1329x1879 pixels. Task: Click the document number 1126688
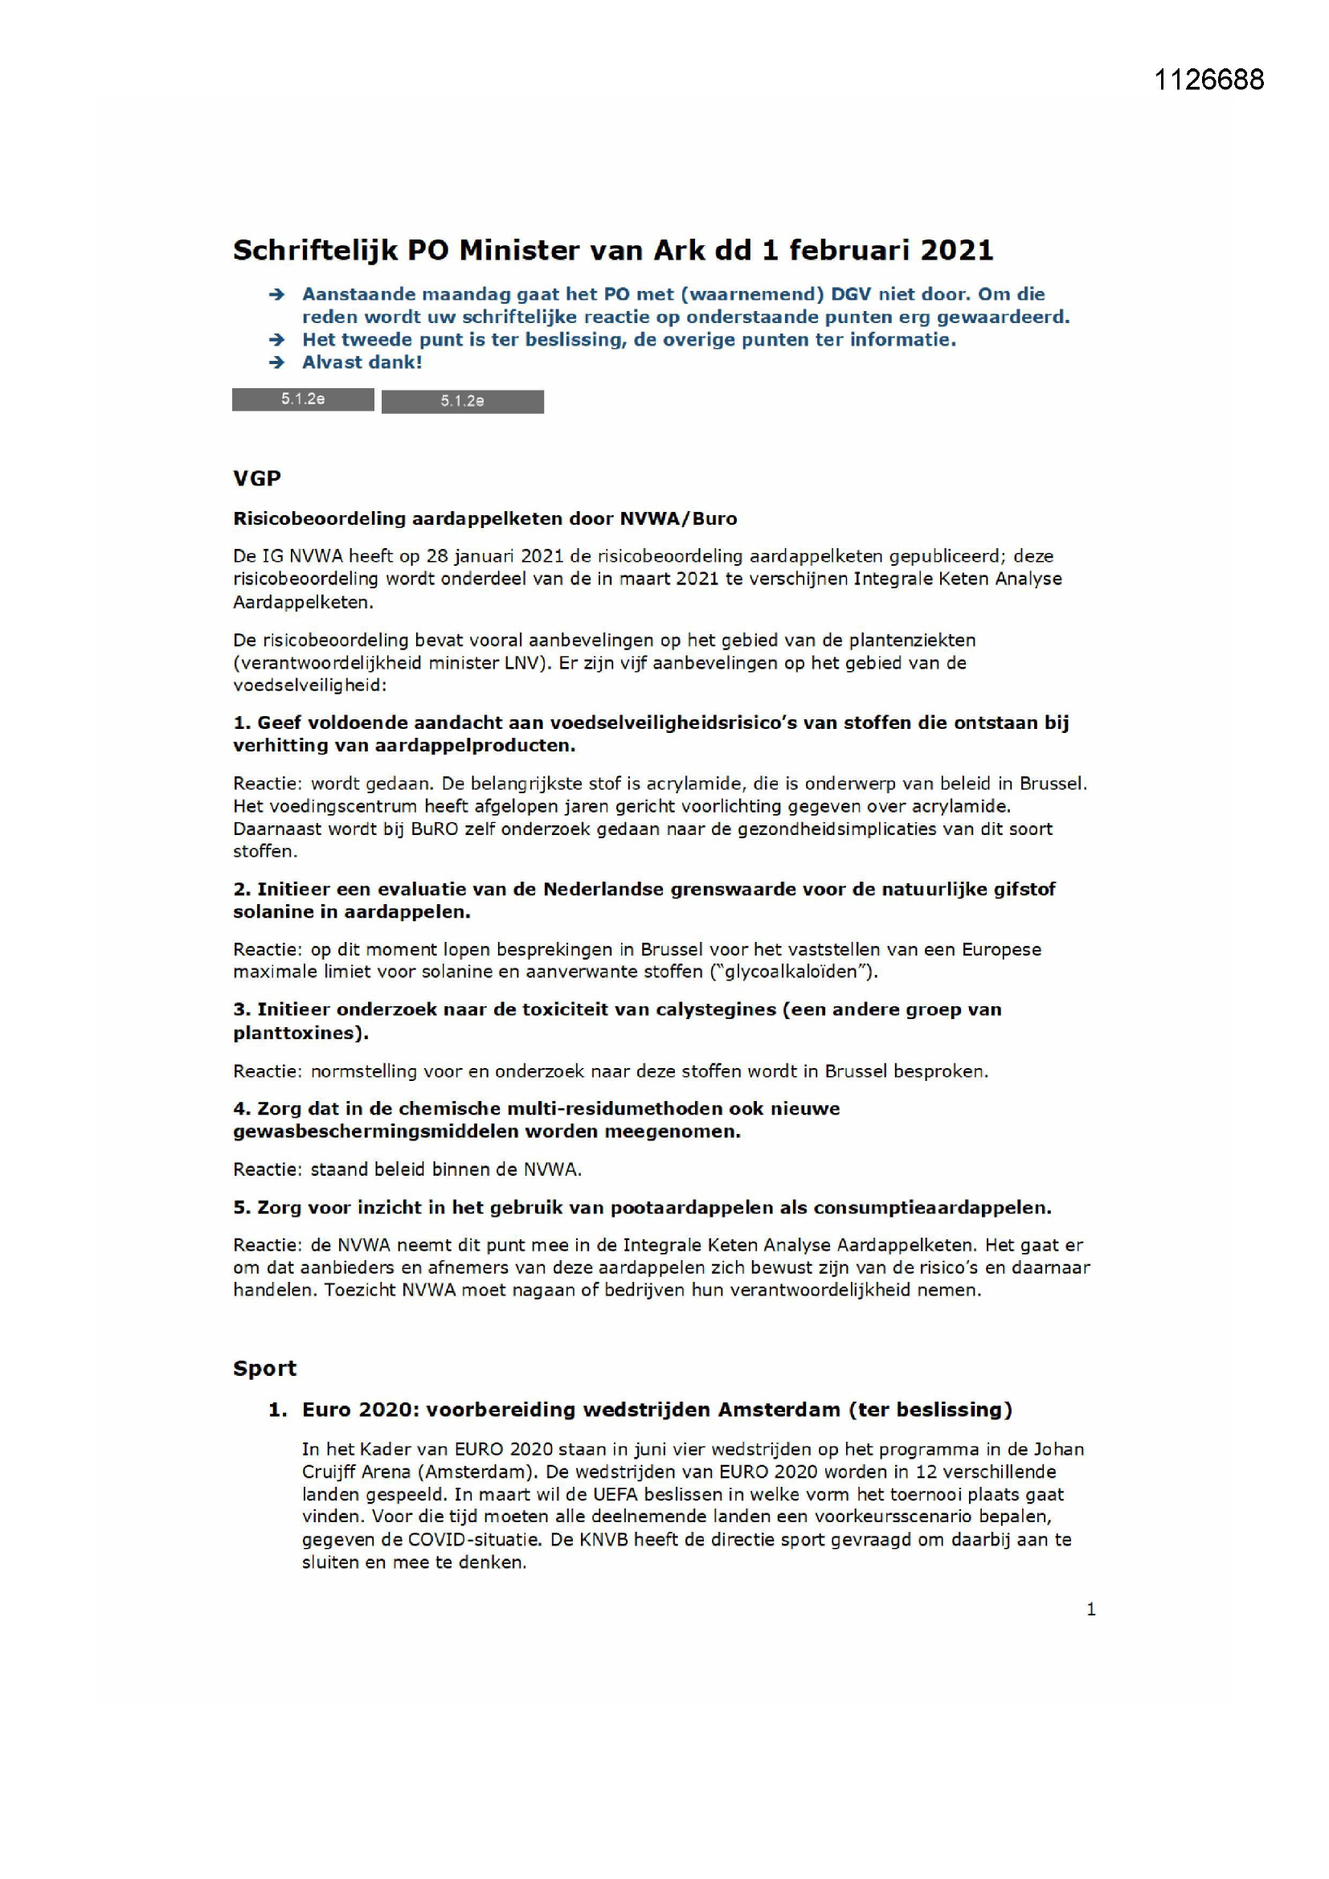[x=1208, y=80]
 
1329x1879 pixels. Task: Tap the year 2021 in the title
[x=956, y=250]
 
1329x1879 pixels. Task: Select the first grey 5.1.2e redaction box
[x=303, y=399]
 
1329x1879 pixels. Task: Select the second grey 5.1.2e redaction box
[x=462, y=401]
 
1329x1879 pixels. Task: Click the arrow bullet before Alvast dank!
[x=276, y=362]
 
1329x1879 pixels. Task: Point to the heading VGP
[x=257, y=479]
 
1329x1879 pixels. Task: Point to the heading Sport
[x=264, y=1369]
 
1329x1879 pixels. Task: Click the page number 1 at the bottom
[x=1090, y=1610]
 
